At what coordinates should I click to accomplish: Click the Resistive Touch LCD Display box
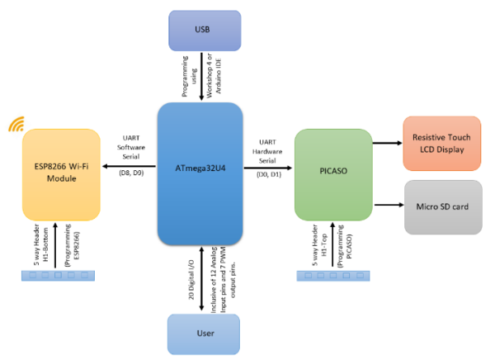[441, 144]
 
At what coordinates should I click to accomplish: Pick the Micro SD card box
[441, 205]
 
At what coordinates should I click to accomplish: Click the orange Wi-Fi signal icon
[16, 125]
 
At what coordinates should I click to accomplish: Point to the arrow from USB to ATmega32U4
[202, 78]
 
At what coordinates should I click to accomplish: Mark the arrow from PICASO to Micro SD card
[387, 205]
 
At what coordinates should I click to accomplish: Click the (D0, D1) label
[268, 175]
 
